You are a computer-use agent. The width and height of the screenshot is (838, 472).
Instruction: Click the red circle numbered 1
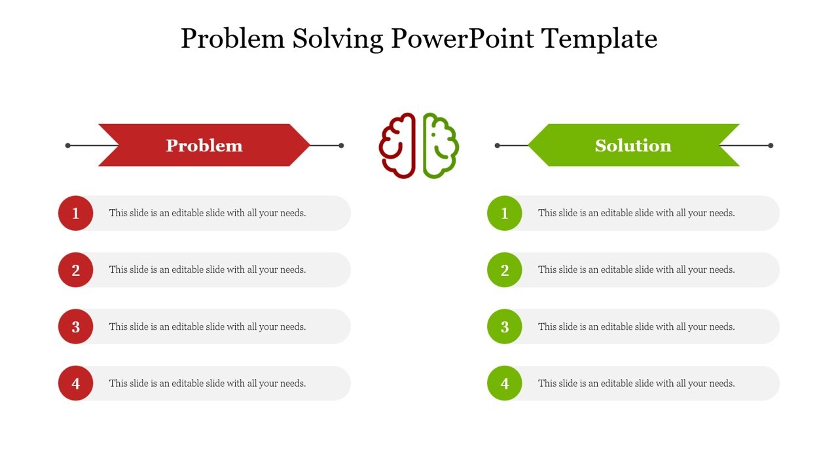click(76, 213)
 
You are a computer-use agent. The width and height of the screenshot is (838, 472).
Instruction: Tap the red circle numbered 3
click(76, 326)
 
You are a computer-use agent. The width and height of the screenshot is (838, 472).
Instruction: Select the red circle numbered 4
click(76, 383)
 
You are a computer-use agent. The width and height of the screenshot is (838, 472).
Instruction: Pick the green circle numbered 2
click(505, 270)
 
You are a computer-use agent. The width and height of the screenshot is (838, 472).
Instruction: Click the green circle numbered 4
click(505, 383)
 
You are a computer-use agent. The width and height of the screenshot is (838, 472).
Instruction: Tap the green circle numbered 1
click(505, 213)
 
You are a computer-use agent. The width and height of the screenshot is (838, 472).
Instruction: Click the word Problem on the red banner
click(204, 146)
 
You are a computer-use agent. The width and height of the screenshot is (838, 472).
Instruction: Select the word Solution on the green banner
click(633, 146)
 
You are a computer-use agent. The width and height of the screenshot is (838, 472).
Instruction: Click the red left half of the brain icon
click(398, 146)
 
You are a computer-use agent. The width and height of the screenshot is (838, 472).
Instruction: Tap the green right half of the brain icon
click(440, 146)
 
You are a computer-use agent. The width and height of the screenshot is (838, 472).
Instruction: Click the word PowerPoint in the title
click(462, 39)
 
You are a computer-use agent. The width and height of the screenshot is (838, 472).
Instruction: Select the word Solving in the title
click(337, 39)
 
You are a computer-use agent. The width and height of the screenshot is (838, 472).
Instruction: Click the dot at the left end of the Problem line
click(68, 146)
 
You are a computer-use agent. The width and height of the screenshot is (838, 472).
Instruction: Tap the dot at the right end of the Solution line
click(771, 146)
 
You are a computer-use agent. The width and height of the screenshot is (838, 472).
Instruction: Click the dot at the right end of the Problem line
click(341, 146)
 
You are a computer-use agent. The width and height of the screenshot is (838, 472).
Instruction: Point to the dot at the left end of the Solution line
click(498, 146)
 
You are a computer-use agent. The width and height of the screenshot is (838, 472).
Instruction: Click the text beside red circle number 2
click(208, 270)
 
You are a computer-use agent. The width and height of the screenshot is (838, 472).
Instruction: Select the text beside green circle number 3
click(636, 326)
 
